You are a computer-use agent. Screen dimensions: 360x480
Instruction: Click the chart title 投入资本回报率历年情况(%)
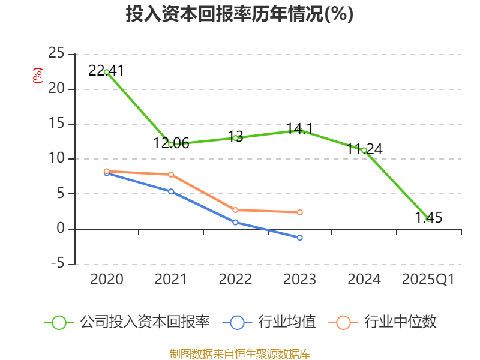(239, 14)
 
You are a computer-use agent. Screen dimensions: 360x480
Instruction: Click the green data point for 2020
(107, 72)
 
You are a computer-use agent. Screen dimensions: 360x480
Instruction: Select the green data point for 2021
(171, 145)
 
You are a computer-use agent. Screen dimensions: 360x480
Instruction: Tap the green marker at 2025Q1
(428, 218)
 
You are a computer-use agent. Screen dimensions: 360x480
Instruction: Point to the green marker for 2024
(364, 150)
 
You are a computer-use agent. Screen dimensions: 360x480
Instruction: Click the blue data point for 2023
(299, 238)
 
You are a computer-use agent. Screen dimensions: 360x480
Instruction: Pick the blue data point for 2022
(235, 222)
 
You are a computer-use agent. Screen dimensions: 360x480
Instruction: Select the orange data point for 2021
(171, 175)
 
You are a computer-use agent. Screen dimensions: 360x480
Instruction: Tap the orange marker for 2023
(299, 212)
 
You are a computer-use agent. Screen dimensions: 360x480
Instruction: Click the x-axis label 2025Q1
(428, 280)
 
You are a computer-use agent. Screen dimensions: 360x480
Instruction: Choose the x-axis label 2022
(235, 280)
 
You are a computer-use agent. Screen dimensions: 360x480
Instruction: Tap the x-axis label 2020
(107, 280)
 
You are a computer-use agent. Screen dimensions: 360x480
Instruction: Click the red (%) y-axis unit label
(38, 76)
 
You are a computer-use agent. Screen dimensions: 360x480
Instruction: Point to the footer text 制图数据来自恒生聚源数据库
(239, 353)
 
